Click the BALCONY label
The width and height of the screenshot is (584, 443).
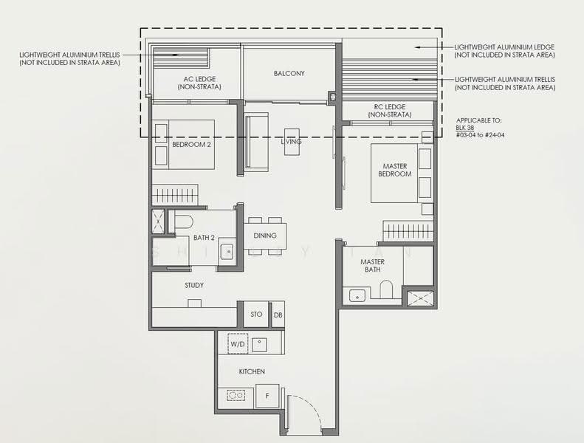[x=289, y=73]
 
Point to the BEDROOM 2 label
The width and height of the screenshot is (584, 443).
[x=191, y=144]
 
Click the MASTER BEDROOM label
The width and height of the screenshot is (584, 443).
[x=395, y=170]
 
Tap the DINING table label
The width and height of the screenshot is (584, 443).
[x=265, y=236]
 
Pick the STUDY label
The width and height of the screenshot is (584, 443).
[x=194, y=285]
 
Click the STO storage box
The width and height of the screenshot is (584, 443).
[x=256, y=314]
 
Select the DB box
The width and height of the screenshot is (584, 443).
[x=278, y=315]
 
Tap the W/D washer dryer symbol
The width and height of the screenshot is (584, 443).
[x=238, y=344]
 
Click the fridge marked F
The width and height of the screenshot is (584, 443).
[x=267, y=396]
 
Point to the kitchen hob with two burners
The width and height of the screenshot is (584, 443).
[x=236, y=395]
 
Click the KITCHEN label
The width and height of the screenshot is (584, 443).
[x=252, y=371]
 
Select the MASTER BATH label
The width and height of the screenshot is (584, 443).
[x=372, y=265]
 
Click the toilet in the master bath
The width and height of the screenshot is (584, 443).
[x=386, y=289]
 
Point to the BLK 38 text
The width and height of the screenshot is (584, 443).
[x=465, y=128]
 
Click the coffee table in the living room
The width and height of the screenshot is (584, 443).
[x=292, y=142]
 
